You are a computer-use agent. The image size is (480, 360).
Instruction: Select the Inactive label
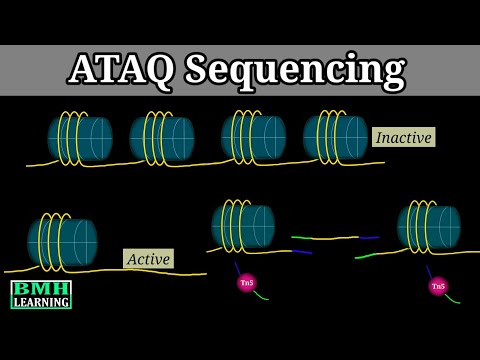(x=403, y=137)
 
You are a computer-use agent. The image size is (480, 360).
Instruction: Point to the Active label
(x=148, y=258)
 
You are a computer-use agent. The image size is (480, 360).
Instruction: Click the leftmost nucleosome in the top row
(x=80, y=138)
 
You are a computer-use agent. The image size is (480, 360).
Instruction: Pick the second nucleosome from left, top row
(x=161, y=138)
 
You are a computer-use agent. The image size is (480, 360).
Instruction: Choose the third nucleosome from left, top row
(x=253, y=136)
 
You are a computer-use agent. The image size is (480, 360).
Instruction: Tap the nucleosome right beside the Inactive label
(x=335, y=136)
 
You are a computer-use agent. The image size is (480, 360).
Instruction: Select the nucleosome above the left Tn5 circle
(x=242, y=226)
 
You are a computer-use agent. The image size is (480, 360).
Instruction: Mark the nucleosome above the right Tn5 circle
(x=428, y=227)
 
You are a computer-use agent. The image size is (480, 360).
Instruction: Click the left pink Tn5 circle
(x=246, y=283)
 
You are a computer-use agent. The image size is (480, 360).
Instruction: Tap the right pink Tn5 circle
(x=438, y=286)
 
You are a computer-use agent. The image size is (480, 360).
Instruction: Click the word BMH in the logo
(x=41, y=288)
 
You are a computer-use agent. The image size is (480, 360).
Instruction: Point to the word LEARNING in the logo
(x=41, y=301)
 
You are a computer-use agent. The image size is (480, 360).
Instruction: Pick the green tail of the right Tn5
(x=453, y=298)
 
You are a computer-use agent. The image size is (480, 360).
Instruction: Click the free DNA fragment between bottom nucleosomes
(x=325, y=239)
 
